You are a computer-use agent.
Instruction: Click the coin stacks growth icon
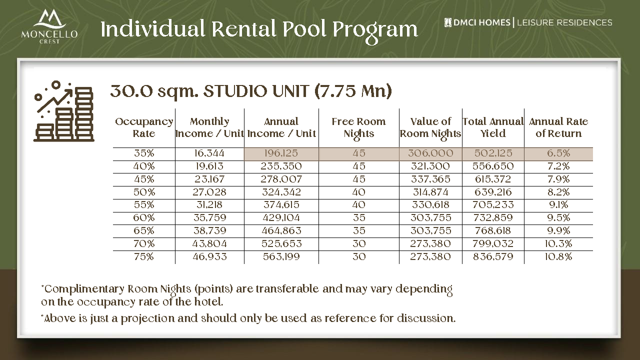tap(63, 111)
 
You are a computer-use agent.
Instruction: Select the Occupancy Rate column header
tap(144, 127)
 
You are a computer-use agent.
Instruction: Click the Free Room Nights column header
tap(358, 127)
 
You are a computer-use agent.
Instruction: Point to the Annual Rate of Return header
tap(558, 127)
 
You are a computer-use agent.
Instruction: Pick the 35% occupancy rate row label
tap(144, 153)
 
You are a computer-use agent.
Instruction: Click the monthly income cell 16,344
tap(209, 153)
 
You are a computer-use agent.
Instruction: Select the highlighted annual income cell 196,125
tap(281, 153)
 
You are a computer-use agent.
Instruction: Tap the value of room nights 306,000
tap(430, 153)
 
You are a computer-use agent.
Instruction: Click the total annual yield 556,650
tap(493, 166)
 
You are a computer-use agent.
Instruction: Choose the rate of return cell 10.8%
tap(558, 257)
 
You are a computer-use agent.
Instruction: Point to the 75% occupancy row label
tap(144, 257)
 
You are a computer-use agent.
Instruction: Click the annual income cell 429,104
tap(281, 218)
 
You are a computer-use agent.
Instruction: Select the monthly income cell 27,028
tap(209, 192)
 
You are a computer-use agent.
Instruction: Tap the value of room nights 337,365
tap(430, 179)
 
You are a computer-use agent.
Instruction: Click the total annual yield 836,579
tap(493, 257)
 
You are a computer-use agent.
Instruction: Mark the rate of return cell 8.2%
tap(558, 192)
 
